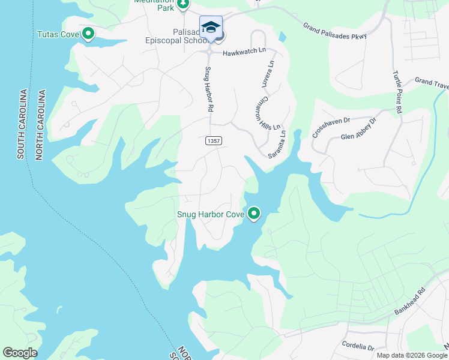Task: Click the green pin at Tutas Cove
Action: point(88,34)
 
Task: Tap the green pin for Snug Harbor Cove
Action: point(254,214)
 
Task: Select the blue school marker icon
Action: point(211,27)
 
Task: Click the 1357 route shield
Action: point(211,140)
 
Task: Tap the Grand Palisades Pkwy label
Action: point(334,31)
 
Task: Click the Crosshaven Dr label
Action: point(330,127)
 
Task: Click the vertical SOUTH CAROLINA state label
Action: point(22,124)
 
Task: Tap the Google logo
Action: point(20,353)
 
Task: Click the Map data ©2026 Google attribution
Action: point(412,355)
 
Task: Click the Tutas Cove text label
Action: point(58,34)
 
